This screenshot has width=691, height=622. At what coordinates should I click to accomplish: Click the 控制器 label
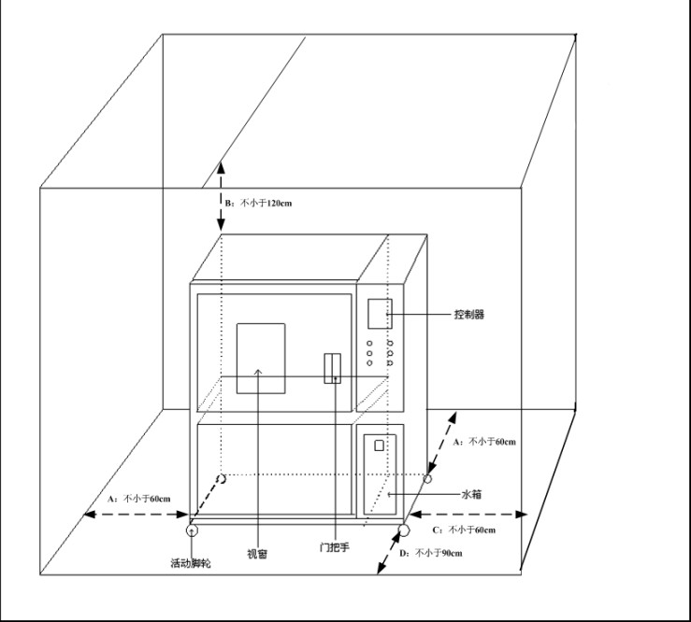(x=468, y=316)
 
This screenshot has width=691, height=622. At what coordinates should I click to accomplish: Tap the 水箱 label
(x=471, y=494)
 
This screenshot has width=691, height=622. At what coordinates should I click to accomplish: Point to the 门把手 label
(x=335, y=548)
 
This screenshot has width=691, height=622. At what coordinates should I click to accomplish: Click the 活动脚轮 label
(x=191, y=563)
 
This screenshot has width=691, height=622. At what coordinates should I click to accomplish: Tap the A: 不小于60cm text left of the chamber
(x=138, y=499)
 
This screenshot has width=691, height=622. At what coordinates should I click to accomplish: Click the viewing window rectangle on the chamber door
(x=260, y=358)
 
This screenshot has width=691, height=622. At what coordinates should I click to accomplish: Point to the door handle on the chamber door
(x=332, y=368)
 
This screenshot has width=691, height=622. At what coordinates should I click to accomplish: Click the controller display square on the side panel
(x=379, y=314)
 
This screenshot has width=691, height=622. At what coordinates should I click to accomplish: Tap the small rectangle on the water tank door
(x=379, y=445)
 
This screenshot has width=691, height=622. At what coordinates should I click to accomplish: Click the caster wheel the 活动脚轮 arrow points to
(x=193, y=530)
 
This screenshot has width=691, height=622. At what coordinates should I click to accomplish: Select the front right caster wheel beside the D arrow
(x=403, y=530)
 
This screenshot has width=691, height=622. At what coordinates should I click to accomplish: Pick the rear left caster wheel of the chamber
(x=222, y=480)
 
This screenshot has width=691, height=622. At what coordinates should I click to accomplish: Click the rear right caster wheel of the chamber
(x=428, y=479)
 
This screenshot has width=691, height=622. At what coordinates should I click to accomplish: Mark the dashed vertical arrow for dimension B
(x=222, y=196)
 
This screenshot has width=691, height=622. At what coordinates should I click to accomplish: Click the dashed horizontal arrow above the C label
(x=468, y=514)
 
